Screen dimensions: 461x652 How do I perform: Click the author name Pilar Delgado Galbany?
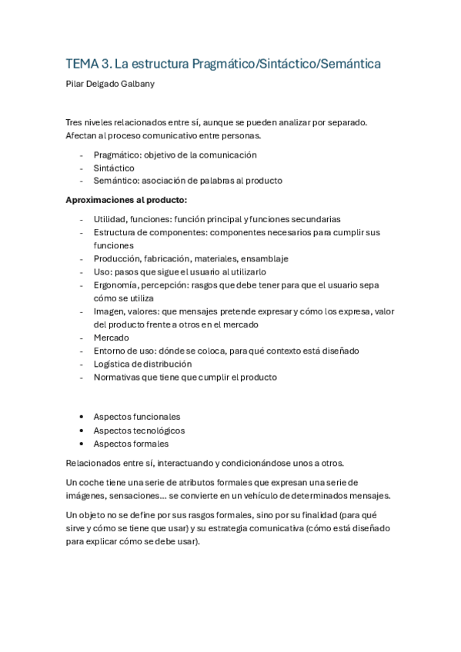(x=110, y=84)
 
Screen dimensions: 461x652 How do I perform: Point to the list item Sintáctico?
(x=114, y=168)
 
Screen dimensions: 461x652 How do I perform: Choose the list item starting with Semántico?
(x=188, y=181)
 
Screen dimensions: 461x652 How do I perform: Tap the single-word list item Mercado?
(x=112, y=338)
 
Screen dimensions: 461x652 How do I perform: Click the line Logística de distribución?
(x=142, y=364)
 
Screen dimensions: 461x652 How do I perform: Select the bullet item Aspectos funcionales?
(x=136, y=417)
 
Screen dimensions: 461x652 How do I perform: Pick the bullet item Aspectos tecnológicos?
(x=139, y=431)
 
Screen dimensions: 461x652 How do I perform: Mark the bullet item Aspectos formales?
(x=131, y=444)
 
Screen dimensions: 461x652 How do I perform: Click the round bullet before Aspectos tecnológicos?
(x=82, y=431)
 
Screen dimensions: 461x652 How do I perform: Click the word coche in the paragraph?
(x=95, y=482)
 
